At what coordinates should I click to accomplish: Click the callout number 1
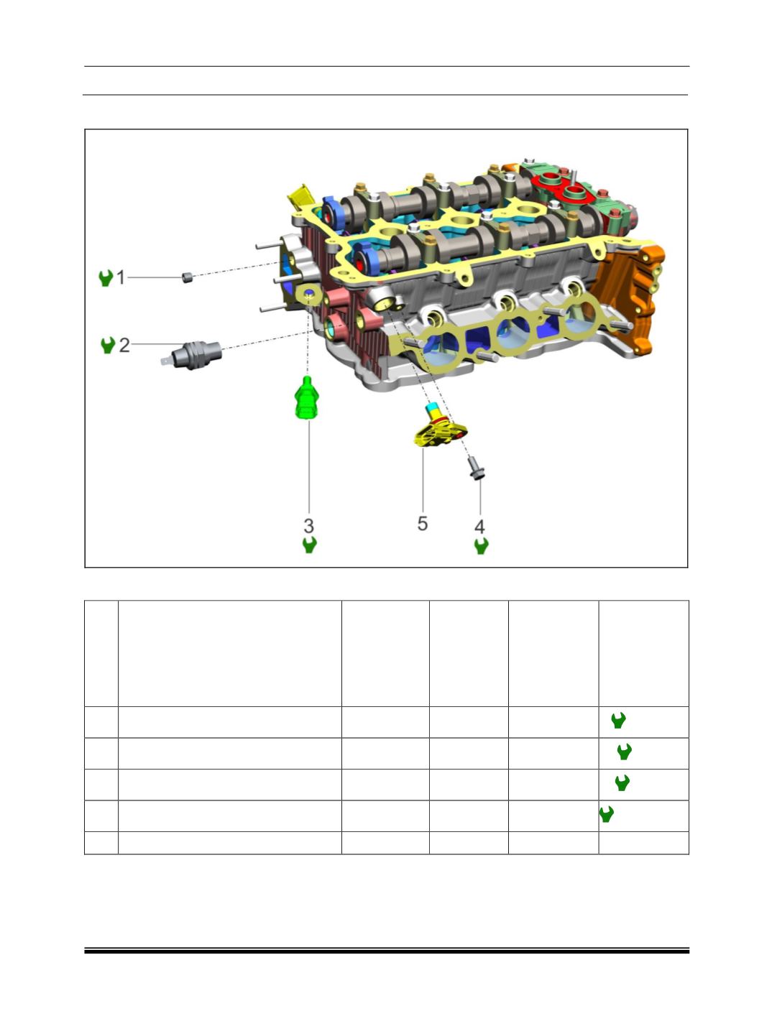[x=121, y=277]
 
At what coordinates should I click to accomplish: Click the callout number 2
[x=124, y=345]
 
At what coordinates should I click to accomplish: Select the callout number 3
[x=308, y=526]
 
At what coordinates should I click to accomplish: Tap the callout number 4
[x=479, y=527]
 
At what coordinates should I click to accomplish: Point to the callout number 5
[x=422, y=524]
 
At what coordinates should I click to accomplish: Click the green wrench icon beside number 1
[x=106, y=278]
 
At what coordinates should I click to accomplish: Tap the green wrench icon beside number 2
[x=108, y=345]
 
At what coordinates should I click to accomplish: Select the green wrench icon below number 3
[x=310, y=545]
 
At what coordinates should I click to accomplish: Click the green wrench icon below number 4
[x=481, y=546]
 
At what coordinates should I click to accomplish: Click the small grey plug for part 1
[x=187, y=277]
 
